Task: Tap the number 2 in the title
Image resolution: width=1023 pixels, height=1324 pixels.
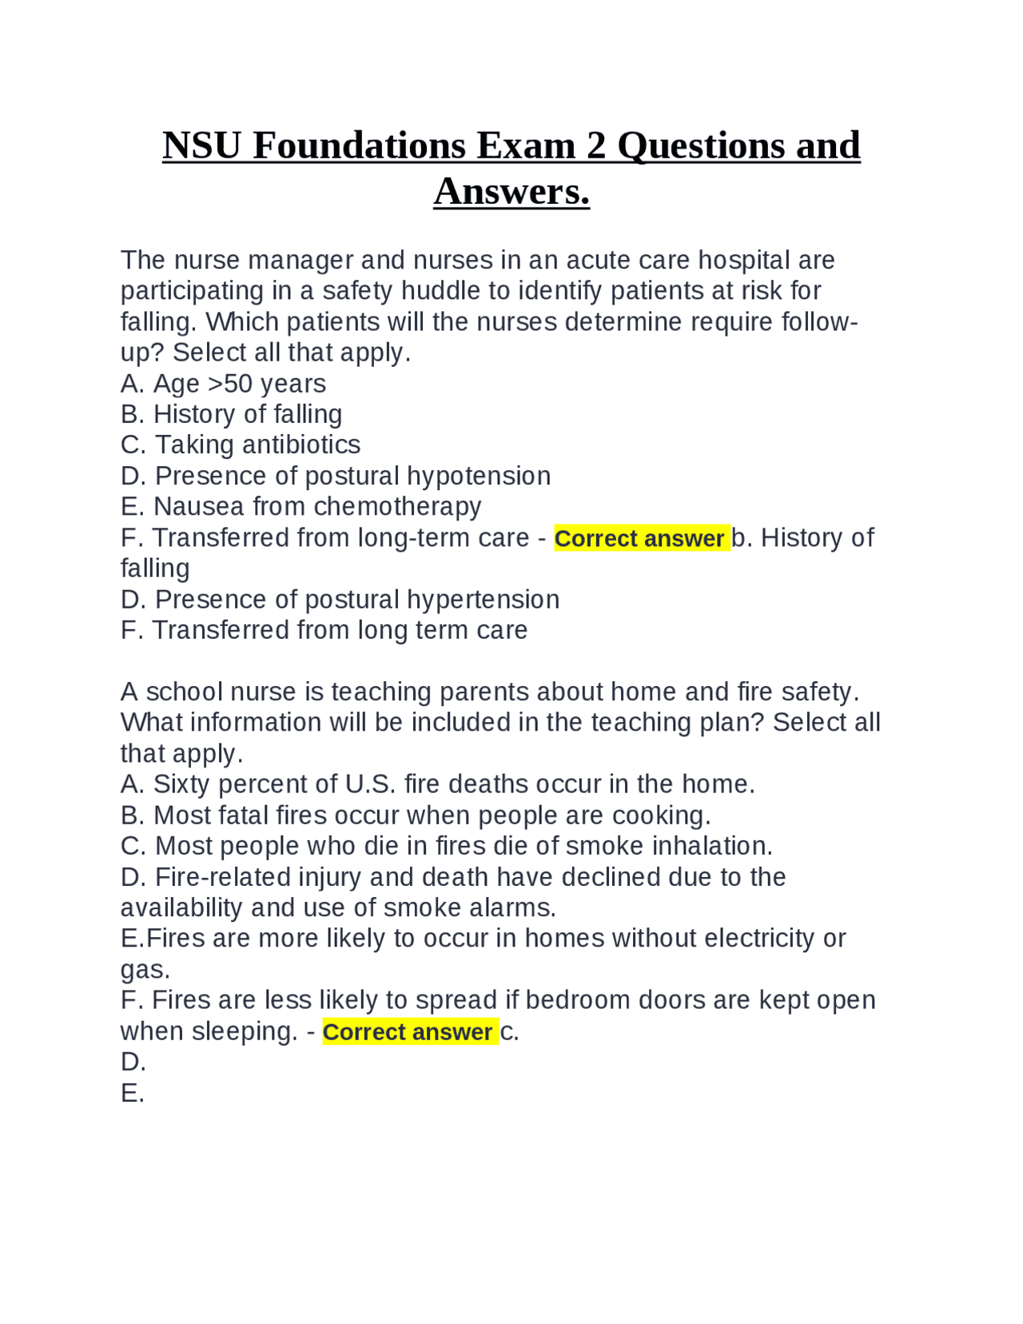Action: click(x=596, y=146)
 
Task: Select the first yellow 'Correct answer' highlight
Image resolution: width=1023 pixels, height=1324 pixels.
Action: click(x=641, y=538)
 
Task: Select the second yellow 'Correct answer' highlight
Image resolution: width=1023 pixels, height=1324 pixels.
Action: click(x=409, y=1031)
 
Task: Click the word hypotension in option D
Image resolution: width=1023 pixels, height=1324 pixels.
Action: click(x=479, y=476)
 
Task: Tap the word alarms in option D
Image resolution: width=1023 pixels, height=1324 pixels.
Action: click(x=513, y=907)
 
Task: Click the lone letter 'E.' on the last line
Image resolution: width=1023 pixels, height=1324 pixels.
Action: click(x=133, y=1093)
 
